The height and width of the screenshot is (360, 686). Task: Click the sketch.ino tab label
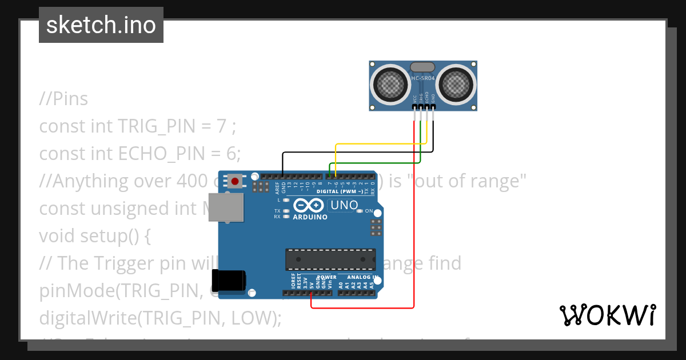pyautogui.click(x=101, y=25)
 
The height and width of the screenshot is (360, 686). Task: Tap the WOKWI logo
pyautogui.click(x=607, y=315)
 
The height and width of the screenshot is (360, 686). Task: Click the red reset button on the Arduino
pyautogui.click(x=234, y=182)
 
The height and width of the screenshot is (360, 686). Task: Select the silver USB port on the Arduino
pyautogui.click(x=225, y=207)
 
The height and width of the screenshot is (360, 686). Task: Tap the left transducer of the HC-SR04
pyautogui.click(x=390, y=85)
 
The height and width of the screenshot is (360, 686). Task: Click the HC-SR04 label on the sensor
pyautogui.click(x=424, y=77)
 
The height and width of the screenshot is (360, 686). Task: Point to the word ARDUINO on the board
pyautogui.click(x=310, y=217)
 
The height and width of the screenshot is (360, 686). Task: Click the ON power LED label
pyautogui.click(x=369, y=211)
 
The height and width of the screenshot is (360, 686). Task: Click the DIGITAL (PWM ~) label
pyautogui.click(x=340, y=191)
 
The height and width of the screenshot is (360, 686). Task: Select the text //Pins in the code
pyautogui.click(x=63, y=99)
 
